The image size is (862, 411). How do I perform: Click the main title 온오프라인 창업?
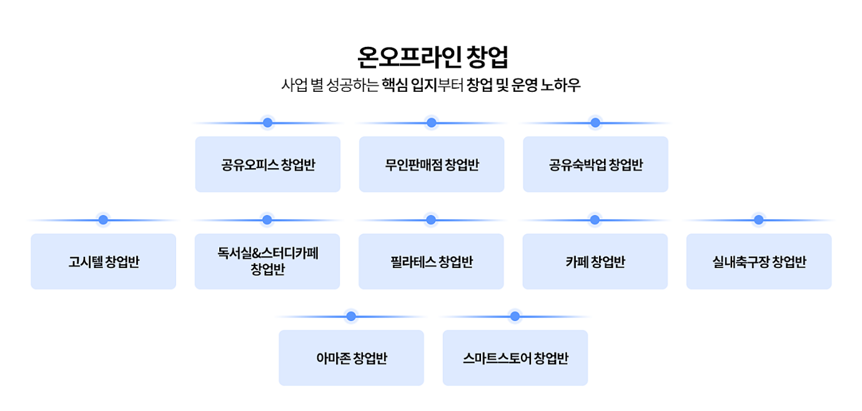(x=433, y=57)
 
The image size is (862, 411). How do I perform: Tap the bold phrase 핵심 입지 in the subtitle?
(x=410, y=85)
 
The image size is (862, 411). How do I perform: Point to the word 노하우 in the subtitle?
(x=560, y=85)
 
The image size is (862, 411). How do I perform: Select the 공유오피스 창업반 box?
(x=268, y=164)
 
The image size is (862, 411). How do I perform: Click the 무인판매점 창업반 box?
(x=432, y=164)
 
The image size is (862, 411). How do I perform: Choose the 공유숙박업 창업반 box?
(x=596, y=164)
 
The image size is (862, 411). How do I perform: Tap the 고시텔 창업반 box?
(x=104, y=261)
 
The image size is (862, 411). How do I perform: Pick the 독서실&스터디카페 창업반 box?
(x=267, y=261)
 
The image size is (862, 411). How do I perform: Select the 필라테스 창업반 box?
(x=432, y=261)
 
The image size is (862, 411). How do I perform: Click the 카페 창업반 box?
(x=595, y=261)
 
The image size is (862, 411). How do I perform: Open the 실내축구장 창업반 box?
(x=760, y=261)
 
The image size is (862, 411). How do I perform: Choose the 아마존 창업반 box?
(x=351, y=358)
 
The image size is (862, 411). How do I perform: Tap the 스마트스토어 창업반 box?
(x=515, y=358)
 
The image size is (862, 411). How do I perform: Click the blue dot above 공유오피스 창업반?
(x=267, y=123)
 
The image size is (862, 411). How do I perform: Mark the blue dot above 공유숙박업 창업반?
(x=595, y=123)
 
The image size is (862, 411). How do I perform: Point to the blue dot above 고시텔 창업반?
(x=103, y=220)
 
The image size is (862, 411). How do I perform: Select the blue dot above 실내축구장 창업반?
(x=759, y=220)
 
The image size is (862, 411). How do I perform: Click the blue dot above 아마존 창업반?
(x=351, y=316)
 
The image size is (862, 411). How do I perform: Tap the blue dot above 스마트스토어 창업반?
(x=515, y=316)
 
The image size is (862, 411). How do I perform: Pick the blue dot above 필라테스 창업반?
(x=431, y=220)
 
